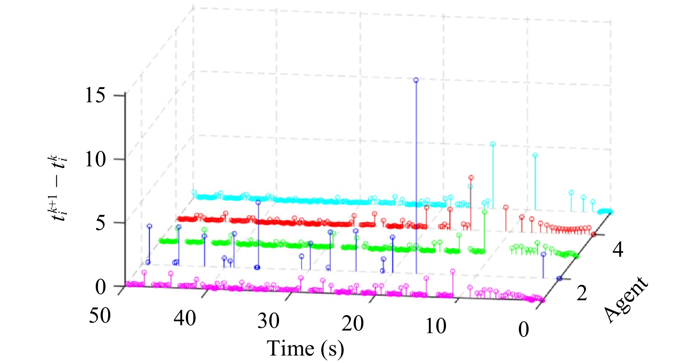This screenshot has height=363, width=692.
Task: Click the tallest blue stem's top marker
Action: coord(416,80)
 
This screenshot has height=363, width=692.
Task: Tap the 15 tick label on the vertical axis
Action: coord(95,95)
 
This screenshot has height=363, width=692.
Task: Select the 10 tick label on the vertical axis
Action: coord(95,160)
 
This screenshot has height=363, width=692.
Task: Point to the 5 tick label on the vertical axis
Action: coord(101,223)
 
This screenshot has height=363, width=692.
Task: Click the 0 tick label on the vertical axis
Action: coord(101,287)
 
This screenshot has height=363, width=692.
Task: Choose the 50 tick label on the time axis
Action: coord(100,316)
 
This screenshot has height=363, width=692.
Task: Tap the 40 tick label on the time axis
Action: coord(185,318)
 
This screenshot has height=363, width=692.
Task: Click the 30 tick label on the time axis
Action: coord(269,321)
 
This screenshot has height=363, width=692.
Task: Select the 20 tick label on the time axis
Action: coord(352,324)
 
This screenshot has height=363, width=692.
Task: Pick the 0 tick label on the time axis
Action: coord(524,329)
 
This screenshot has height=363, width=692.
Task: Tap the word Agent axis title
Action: coord(625,300)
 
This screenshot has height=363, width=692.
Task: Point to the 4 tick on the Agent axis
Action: coord(618,250)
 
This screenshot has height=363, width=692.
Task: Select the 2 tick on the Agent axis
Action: coord(582,293)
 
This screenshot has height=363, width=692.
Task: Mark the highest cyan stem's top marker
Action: coord(493,144)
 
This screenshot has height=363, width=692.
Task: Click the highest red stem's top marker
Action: coord(471,177)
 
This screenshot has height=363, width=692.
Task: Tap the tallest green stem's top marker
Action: coord(485,212)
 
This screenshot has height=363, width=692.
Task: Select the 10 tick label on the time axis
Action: coord(436,326)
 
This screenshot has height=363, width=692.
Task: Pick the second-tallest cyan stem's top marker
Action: coord(536,155)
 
